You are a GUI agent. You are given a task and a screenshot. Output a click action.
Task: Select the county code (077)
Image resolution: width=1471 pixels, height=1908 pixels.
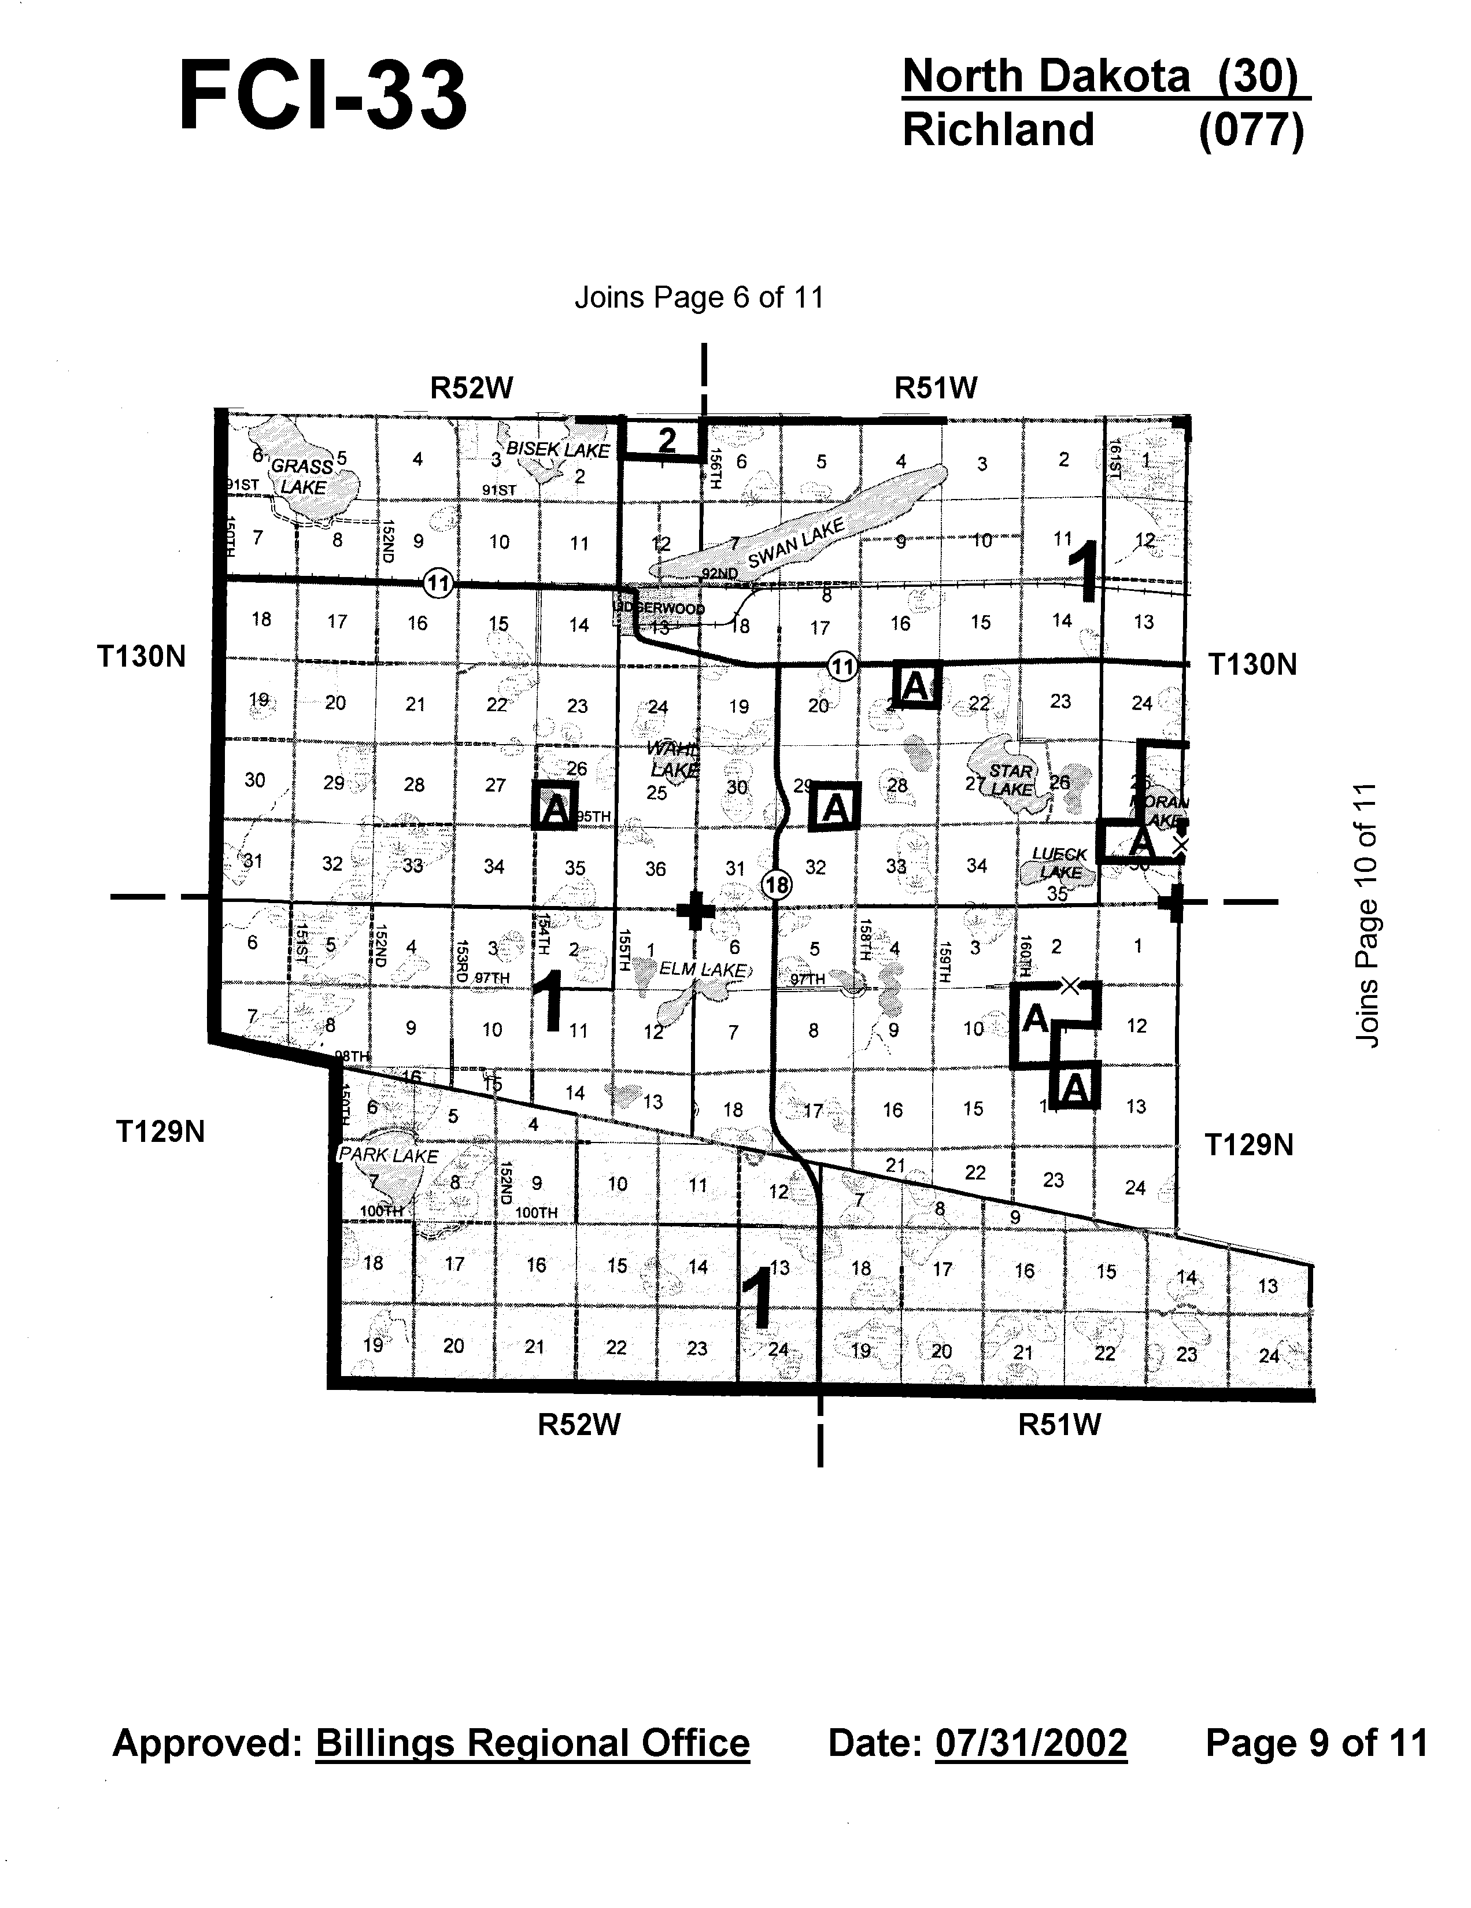[1251, 130]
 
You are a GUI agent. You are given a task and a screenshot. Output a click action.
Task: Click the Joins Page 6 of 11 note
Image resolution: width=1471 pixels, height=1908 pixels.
[699, 298]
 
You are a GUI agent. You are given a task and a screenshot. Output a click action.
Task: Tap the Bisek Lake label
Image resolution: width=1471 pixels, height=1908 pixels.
[557, 450]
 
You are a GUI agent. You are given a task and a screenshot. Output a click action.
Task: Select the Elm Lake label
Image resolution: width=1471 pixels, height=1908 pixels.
[703, 969]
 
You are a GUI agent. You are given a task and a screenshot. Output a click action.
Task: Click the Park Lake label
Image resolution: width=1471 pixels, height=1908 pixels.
[388, 1155]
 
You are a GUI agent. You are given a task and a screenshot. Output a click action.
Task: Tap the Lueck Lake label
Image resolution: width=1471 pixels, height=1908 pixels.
[1059, 862]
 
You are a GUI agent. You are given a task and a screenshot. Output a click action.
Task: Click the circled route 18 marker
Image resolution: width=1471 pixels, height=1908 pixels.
[777, 885]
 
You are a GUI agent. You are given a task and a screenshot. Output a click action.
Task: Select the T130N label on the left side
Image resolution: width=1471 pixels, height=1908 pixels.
[142, 656]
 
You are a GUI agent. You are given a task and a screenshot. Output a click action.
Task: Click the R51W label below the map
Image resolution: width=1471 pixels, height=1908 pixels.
[1059, 1425]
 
